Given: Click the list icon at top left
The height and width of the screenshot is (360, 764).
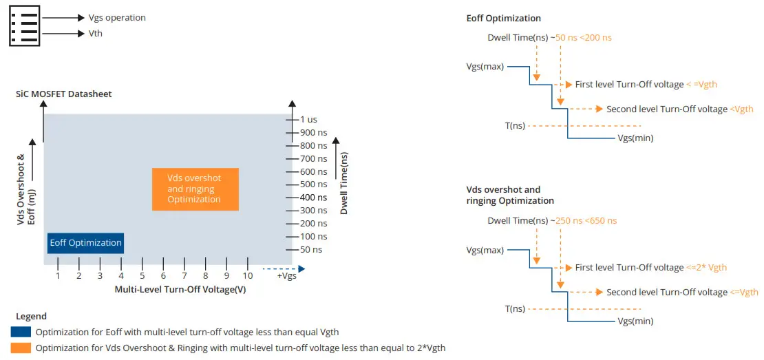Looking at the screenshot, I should [x=25, y=25].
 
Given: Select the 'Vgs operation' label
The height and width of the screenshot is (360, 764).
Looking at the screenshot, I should [x=118, y=18].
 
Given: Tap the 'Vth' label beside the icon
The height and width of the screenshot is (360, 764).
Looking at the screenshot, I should [x=96, y=33].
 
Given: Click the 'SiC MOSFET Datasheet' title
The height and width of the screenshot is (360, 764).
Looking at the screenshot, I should [x=64, y=94].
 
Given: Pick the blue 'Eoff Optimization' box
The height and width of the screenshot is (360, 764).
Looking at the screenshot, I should [x=86, y=243].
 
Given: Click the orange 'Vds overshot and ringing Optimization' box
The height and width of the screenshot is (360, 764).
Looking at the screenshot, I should [x=195, y=189].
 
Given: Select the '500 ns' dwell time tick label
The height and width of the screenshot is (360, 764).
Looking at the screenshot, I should [x=313, y=184].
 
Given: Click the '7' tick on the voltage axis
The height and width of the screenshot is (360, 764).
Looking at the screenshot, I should [x=184, y=275].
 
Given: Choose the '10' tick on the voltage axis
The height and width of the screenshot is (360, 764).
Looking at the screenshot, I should [x=248, y=275].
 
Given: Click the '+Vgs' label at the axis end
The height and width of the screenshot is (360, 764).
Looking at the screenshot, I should [x=287, y=276].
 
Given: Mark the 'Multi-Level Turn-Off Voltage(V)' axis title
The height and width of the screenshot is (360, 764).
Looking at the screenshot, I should [x=180, y=289].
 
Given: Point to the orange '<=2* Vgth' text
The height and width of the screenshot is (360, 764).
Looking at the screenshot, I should [x=706, y=267].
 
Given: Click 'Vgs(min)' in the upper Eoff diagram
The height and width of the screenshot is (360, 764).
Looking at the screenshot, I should [x=635, y=138].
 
